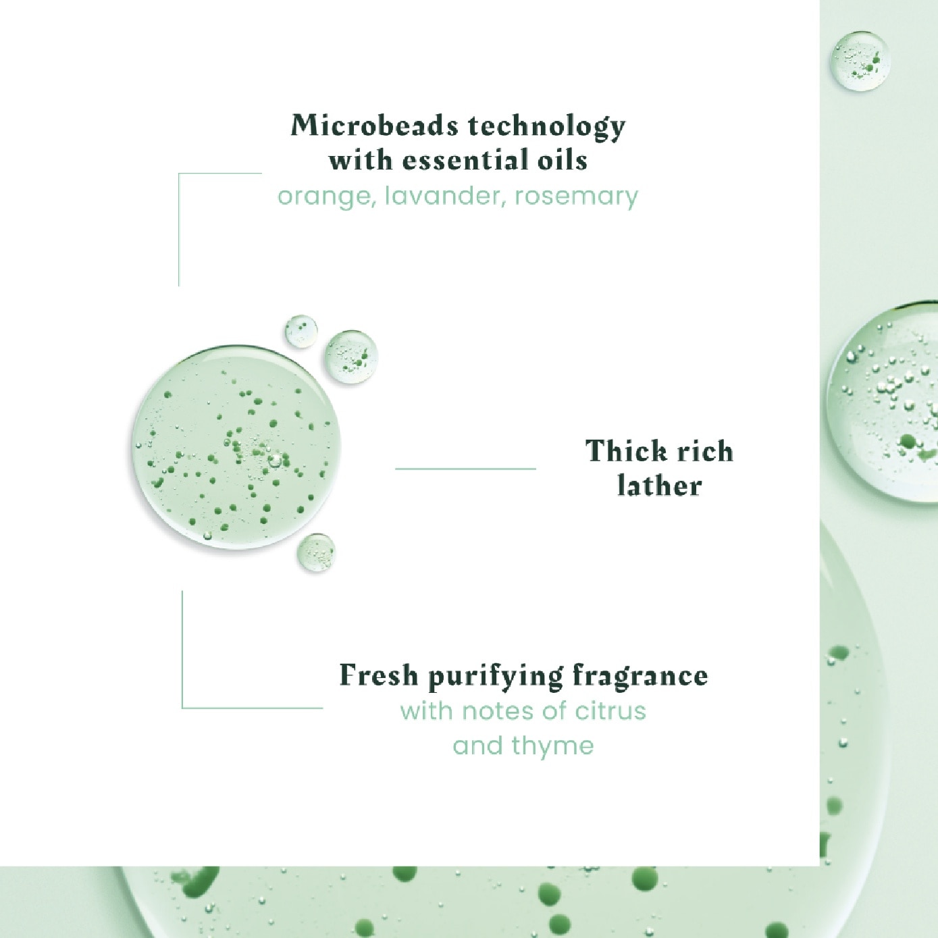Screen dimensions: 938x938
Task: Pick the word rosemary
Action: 576,197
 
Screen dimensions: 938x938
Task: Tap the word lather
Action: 659,486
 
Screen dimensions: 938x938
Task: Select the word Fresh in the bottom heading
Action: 378,675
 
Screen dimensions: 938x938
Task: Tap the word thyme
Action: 552,746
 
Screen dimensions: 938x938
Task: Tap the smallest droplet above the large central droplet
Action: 301,331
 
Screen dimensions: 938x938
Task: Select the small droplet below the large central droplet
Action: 316,552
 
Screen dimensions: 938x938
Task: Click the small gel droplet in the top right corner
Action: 860,60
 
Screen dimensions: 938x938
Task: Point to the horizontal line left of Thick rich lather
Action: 465,468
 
